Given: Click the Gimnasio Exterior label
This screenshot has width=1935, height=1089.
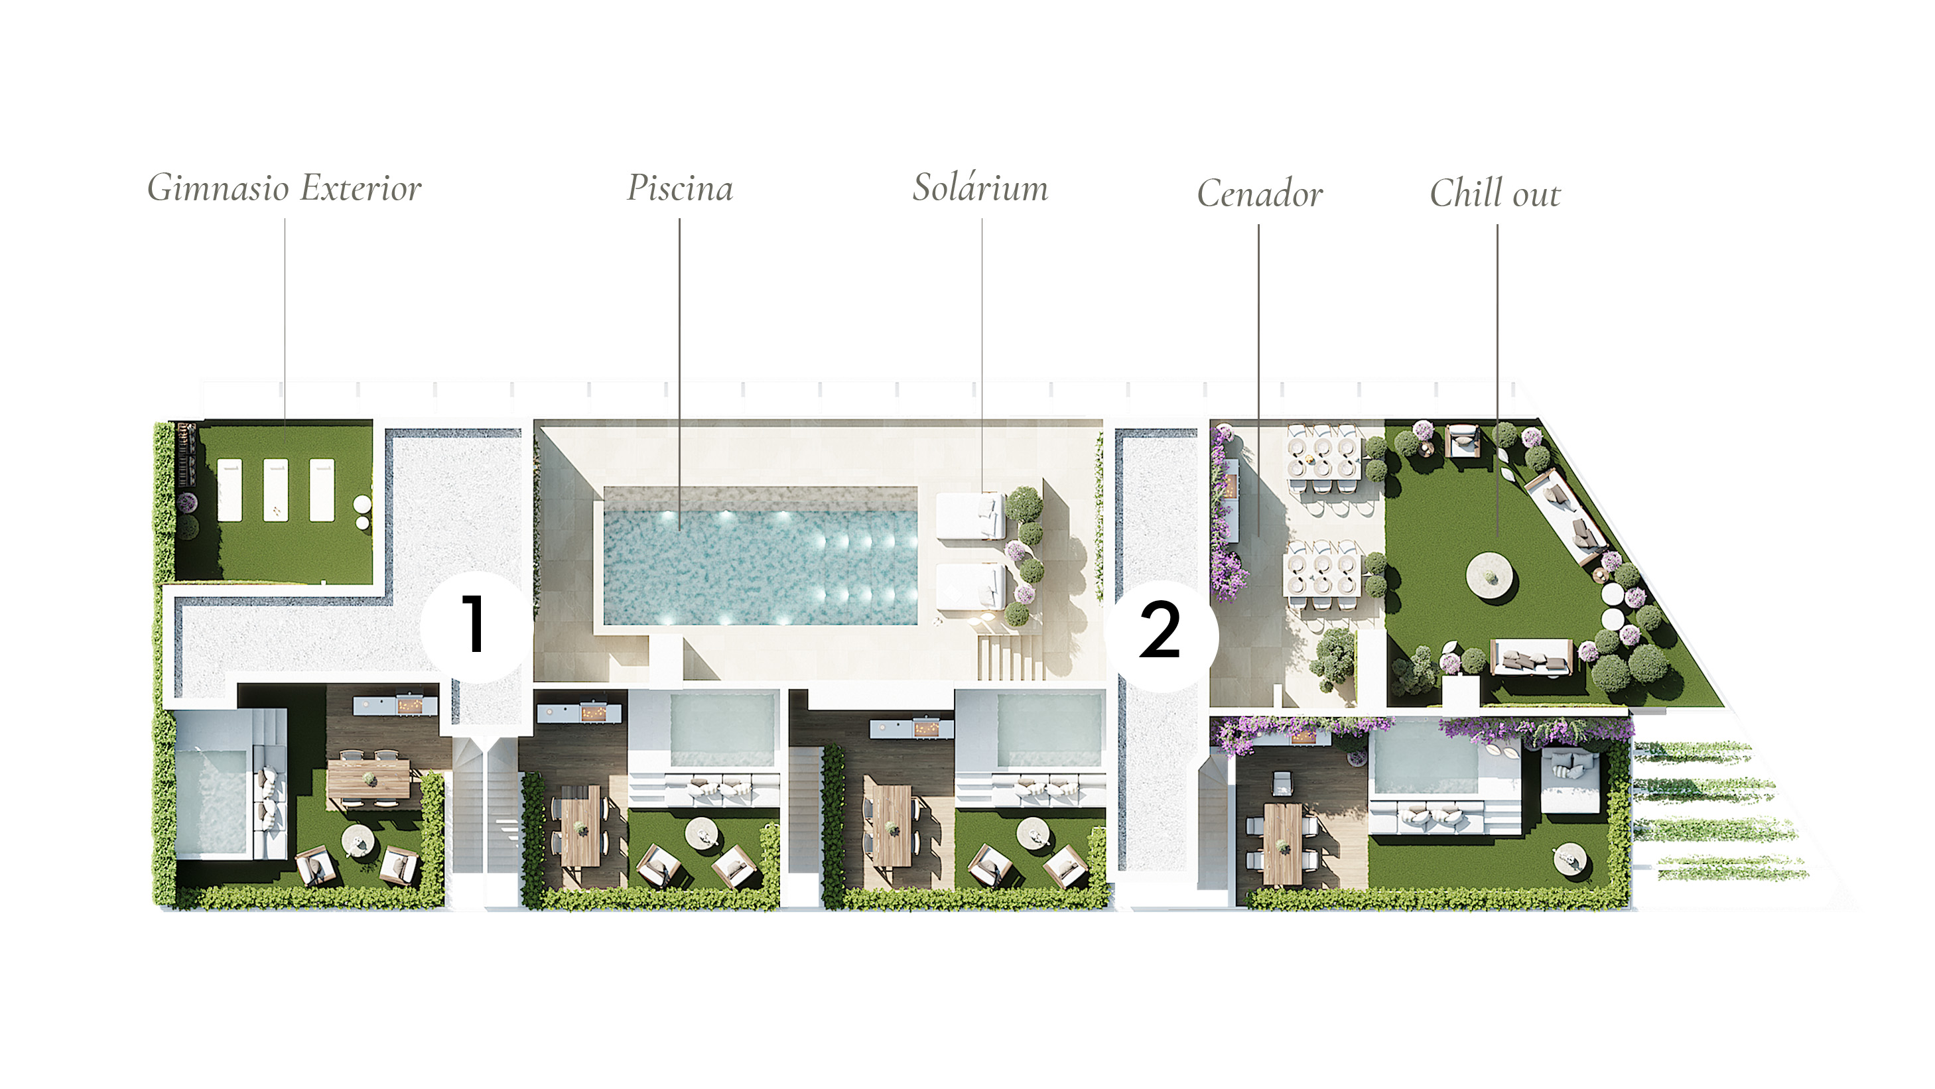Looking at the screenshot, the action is [x=284, y=188].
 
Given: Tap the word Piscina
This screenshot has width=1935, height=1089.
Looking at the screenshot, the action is [x=680, y=188].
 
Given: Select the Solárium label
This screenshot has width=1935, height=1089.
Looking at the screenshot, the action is [x=980, y=187].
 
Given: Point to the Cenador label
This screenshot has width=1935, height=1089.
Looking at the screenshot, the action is [x=1260, y=193].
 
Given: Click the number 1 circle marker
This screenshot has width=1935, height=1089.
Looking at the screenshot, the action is [x=474, y=625].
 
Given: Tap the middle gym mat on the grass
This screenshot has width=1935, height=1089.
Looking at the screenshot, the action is [x=276, y=489].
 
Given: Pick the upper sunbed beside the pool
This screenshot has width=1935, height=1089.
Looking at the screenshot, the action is [x=970, y=517].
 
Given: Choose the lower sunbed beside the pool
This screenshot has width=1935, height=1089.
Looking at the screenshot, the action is [x=970, y=586].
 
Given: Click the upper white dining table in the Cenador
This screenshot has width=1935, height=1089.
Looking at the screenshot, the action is [x=1323, y=458].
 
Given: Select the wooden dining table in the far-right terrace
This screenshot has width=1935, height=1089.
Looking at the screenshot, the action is [x=1282, y=843].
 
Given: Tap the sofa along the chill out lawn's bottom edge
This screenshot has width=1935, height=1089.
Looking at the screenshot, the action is [x=1531, y=658].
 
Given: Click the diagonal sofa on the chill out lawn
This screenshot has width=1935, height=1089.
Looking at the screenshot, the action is [x=1566, y=516].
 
